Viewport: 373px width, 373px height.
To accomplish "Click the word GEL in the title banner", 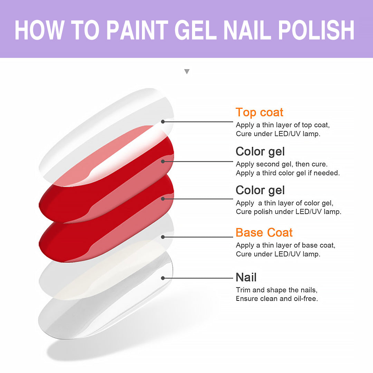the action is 195,30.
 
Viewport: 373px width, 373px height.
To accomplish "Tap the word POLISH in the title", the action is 316,30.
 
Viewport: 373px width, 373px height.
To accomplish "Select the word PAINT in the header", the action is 137,30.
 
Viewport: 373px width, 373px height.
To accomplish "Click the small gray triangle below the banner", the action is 187,71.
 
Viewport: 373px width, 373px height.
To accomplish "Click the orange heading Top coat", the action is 259,112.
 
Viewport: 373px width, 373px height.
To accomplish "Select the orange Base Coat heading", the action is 264,232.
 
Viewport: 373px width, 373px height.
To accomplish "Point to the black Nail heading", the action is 246,277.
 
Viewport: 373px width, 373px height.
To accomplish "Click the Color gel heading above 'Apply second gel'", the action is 260,152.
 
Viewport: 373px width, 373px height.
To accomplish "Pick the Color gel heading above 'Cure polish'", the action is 260,190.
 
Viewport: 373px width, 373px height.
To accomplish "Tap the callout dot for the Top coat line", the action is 163,122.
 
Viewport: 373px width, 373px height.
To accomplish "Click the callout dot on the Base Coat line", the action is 163,237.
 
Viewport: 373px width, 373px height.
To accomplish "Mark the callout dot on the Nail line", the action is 163,278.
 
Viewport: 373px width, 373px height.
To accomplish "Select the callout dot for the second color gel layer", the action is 163,162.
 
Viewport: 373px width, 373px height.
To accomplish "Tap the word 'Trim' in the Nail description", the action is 243,290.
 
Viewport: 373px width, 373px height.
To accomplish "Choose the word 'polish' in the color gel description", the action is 263,212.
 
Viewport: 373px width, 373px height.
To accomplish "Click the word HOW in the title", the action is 39,30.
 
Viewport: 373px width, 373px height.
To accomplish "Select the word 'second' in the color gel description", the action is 268,164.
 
